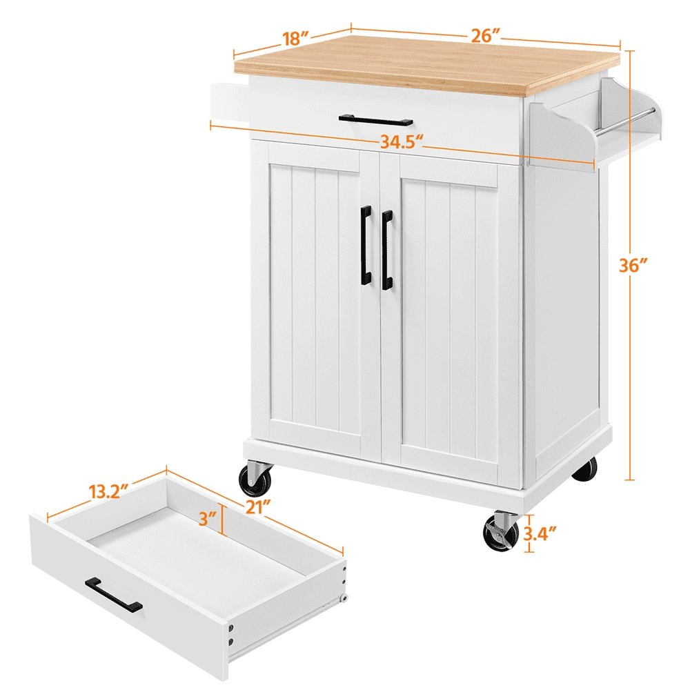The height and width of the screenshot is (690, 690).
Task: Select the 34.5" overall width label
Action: point(401,143)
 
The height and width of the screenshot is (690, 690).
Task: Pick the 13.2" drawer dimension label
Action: point(109,493)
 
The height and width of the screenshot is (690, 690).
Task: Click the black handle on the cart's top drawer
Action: point(375,120)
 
